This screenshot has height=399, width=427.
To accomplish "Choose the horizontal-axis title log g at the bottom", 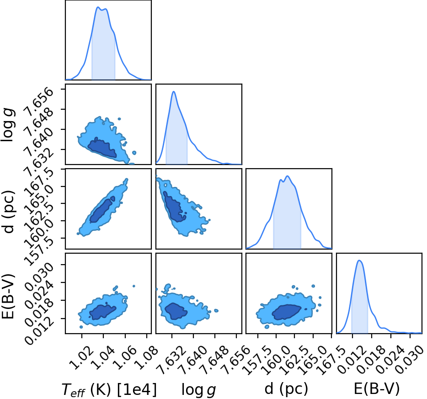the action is [x=198, y=390].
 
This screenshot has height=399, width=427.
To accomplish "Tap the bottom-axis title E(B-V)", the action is [x=377, y=388].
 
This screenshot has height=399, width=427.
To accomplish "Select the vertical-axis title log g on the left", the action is [x=9, y=125].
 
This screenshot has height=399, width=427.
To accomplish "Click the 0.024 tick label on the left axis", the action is [x=39, y=293].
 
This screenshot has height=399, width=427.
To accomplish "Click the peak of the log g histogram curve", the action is [x=173, y=91].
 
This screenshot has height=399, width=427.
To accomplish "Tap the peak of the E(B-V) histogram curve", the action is [x=359, y=261].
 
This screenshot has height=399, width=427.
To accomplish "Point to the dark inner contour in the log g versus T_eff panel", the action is [x=103, y=149].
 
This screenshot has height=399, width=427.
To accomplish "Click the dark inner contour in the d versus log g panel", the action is [x=174, y=206].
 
